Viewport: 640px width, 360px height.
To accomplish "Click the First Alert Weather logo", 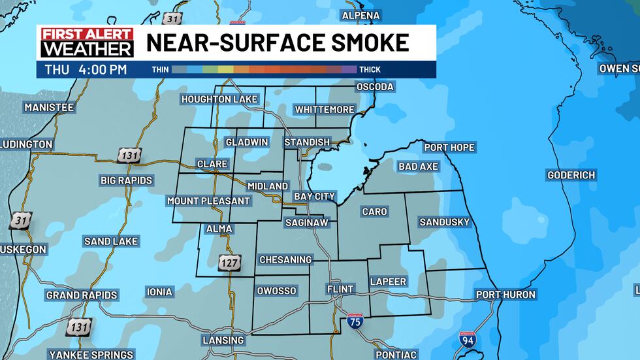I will (x=86, y=42).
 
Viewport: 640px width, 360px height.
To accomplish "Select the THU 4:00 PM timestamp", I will (x=86, y=69).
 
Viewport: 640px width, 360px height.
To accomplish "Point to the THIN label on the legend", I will (x=161, y=69).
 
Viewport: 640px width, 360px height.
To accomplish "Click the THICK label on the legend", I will (x=369, y=69).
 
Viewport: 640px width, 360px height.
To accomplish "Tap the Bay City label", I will (x=314, y=196).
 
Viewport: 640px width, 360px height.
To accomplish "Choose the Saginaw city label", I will (x=310, y=223).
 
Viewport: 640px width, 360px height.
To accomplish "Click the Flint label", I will (x=340, y=289).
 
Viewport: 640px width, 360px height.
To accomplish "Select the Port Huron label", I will (x=505, y=295).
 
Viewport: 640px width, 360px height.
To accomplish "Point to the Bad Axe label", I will (x=418, y=167).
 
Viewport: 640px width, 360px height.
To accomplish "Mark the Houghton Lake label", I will (x=220, y=99).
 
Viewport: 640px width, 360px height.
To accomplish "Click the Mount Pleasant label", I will (x=208, y=201).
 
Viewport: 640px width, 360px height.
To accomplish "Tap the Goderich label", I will (x=571, y=175).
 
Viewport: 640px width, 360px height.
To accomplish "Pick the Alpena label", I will (x=360, y=15).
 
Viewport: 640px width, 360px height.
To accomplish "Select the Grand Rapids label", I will (x=82, y=295).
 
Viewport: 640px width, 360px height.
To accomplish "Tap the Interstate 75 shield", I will (x=355, y=320).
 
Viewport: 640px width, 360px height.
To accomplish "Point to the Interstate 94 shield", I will (x=466, y=339).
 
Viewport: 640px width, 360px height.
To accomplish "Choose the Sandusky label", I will (x=444, y=222).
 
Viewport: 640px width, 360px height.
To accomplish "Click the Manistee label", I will (x=49, y=107).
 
